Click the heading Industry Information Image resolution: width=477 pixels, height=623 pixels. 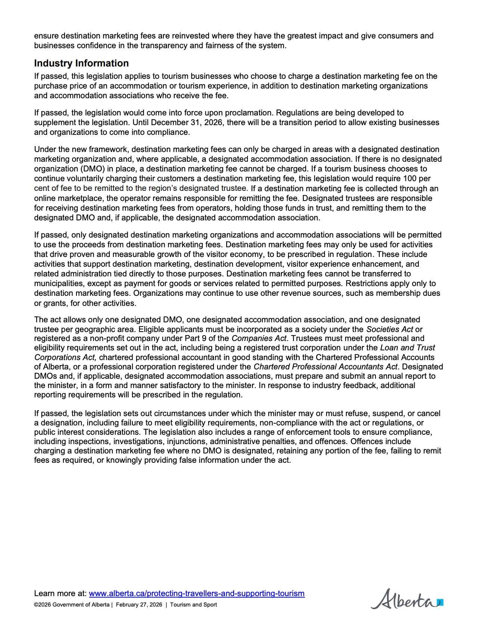pos(81,63)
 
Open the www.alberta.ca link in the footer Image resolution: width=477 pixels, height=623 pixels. pos(197,593)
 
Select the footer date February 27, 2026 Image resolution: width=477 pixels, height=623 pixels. pos(139,605)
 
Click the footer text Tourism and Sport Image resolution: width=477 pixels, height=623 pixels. pos(193,605)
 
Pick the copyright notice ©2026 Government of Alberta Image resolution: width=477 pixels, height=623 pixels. pos(72,605)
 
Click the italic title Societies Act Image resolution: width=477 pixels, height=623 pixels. pos(390,329)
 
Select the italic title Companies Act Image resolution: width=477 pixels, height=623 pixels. pos(259,338)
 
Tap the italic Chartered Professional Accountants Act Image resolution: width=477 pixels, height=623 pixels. pos(325,367)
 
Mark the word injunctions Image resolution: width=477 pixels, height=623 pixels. pos(189,441)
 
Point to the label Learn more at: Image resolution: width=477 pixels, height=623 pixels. pos(60,593)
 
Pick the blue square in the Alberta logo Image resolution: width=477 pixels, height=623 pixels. pos(441,602)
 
